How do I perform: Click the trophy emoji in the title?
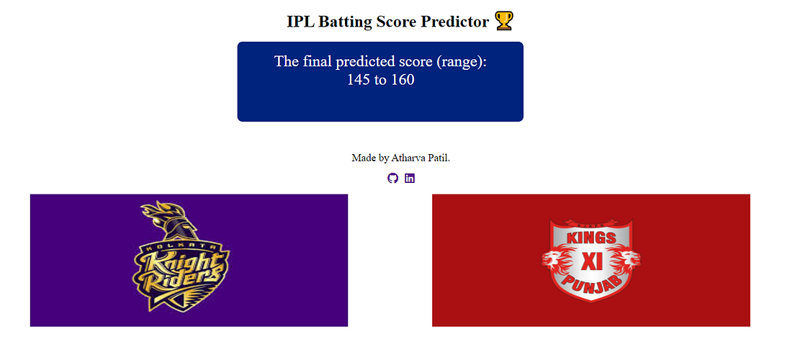coord(504,22)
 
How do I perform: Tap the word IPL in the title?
coord(300,22)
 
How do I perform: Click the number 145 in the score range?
coord(359,80)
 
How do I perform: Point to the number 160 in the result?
coord(403,80)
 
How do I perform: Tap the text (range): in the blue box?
coord(462,61)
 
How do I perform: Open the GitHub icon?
coord(392,178)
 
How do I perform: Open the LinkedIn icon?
coord(410,178)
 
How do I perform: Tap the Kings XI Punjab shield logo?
coord(591,259)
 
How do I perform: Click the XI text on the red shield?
coord(591,261)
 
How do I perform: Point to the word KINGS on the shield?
coord(591,238)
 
